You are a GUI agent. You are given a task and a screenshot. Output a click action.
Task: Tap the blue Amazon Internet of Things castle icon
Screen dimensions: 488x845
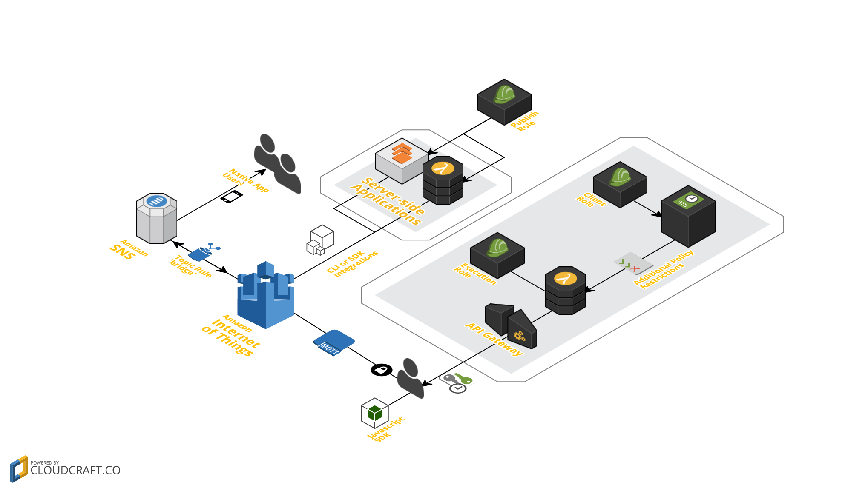pyautogui.click(x=265, y=295)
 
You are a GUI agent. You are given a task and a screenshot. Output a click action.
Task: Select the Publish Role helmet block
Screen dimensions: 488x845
pyautogui.click(x=504, y=102)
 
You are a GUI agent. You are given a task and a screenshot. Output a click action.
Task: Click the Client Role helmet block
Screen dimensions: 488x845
pyautogui.click(x=620, y=184)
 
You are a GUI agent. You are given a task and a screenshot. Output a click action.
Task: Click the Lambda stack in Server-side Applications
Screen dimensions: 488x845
pyautogui.click(x=443, y=180)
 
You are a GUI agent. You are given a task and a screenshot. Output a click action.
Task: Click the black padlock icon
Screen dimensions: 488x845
pyautogui.click(x=381, y=370)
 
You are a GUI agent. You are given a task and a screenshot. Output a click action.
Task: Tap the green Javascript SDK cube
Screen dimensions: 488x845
pyautogui.click(x=374, y=413)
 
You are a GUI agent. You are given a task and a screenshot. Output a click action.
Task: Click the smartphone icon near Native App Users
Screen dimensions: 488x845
pyautogui.click(x=231, y=197)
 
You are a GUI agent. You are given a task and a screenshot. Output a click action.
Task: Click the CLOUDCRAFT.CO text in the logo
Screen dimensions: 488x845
pyautogui.click(x=75, y=470)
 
